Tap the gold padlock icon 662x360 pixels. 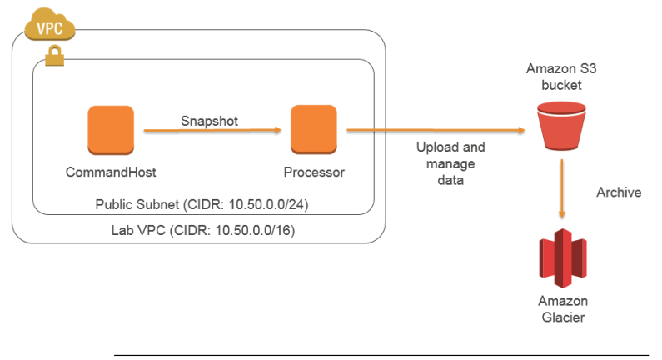pos(54,56)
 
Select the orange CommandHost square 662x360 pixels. pos(111,130)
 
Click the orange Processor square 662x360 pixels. pos(314,129)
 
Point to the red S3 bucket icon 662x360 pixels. pos(561,126)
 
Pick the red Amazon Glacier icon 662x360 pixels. pos(563,258)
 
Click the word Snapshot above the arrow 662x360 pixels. pos(209,122)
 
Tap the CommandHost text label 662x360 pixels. pos(111,172)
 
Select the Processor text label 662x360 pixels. pos(314,172)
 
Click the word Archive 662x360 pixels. pos(619,192)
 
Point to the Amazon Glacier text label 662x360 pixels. pos(563,309)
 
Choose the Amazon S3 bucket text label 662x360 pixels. pos(561,77)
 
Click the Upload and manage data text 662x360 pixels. pos(450,163)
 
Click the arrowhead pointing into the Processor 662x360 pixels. pos(278,130)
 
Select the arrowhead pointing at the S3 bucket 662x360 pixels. pos(522,130)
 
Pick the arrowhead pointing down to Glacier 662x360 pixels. pos(562,215)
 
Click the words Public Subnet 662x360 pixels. pos(137,204)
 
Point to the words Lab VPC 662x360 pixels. pos(138,230)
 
